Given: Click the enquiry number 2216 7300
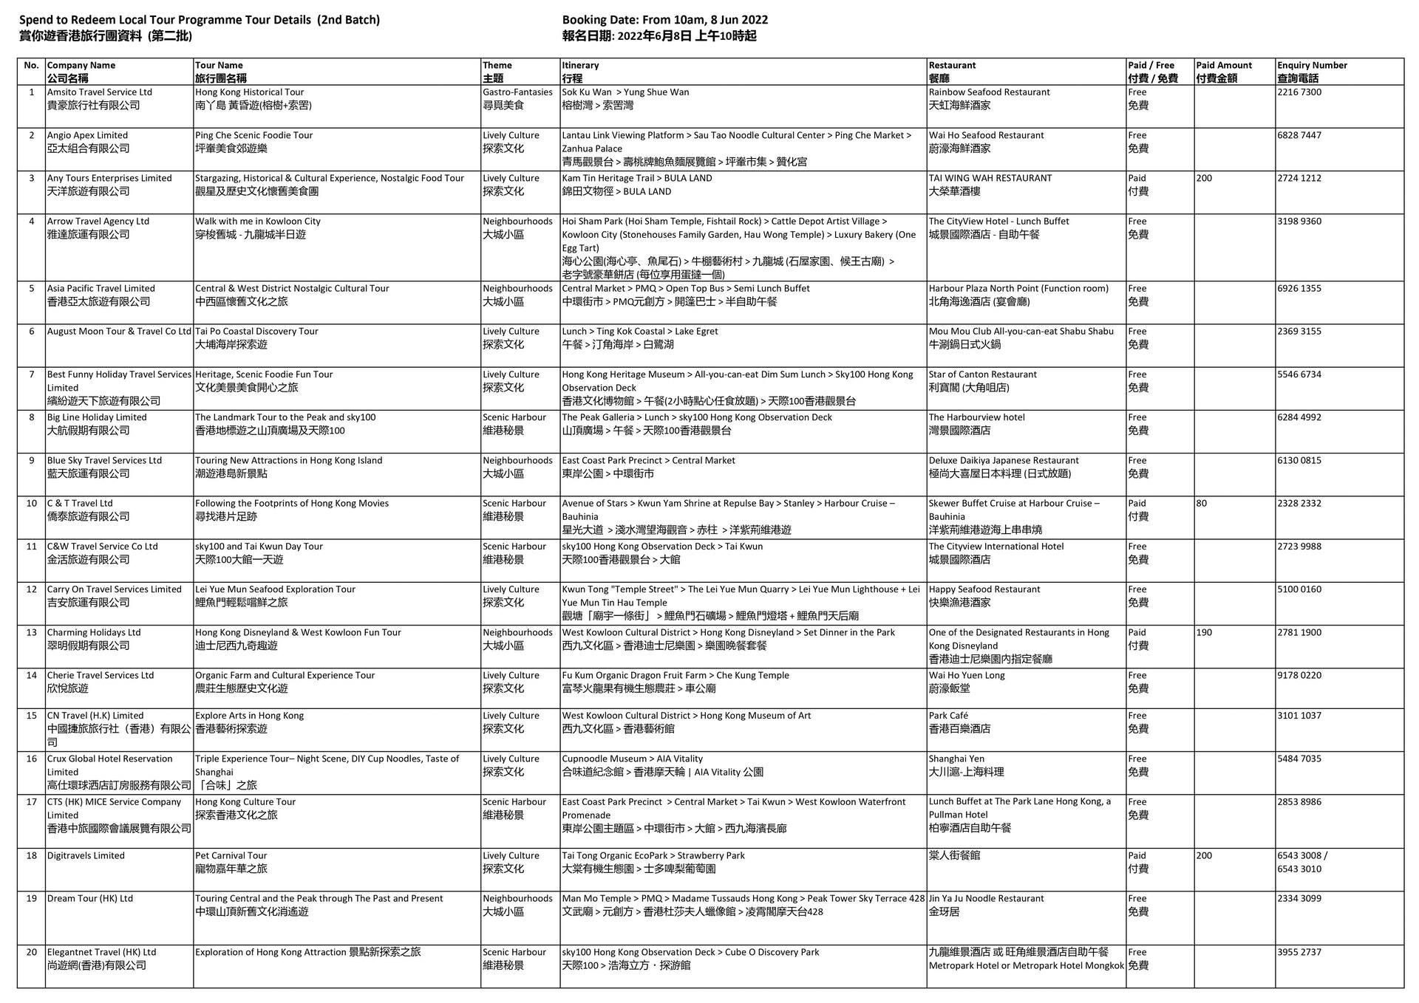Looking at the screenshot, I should tap(1299, 92).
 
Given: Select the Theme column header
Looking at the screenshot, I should tap(497, 72).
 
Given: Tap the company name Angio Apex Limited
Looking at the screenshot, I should tap(87, 136).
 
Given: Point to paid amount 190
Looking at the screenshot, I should tap(1204, 633).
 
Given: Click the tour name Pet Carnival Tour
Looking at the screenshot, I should tap(231, 856).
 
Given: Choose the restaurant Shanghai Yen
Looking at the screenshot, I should tap(956, 759).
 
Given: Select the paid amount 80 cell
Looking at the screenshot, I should tap(1202, 504).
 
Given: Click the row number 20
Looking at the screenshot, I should tap(31, 953).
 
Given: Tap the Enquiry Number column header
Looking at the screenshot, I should tap(1312, 72).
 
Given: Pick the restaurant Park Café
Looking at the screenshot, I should tap(948, 716).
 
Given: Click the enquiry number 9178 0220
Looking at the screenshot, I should tap(1299, 676).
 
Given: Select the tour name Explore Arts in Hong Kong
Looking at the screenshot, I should tap(249, 716).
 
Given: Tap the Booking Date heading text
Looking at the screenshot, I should tap(664, 20).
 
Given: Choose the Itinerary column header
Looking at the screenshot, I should tap(580, 72).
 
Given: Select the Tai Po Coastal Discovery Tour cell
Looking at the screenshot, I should tap(256, 332).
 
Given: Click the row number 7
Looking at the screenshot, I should tap(31, 374).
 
